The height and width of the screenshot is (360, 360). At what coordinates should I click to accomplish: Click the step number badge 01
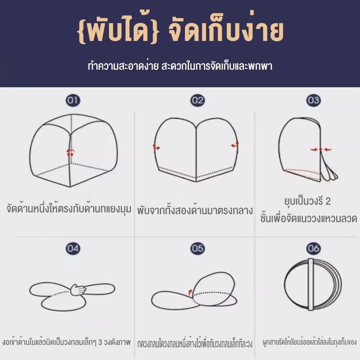tap(73, 100)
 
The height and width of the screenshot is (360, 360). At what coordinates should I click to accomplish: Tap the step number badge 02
tap(198, 100)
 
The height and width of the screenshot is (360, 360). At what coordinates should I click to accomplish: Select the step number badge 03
tap(313, 100)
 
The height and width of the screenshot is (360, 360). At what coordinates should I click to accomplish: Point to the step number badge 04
tap(73, 248)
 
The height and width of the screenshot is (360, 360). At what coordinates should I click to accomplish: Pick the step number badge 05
tap(198, 248)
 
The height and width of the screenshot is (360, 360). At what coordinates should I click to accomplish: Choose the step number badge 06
tap(313, 248)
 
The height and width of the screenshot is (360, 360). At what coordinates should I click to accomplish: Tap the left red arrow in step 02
tap(157, 147)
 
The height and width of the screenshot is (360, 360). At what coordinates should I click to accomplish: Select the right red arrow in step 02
tap(235, 144)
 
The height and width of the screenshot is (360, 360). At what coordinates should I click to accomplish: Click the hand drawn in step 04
tap(78, 289)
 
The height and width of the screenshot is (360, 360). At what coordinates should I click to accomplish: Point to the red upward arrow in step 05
tap(190, 292)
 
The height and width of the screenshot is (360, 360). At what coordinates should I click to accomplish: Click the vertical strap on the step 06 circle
tap(311, 284)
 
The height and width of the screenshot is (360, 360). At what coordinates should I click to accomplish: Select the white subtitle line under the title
tap(180, 66)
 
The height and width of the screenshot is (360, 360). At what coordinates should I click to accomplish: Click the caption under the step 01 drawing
tap(69, 209)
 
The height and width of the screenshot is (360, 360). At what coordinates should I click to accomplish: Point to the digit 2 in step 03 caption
tap(328, 201)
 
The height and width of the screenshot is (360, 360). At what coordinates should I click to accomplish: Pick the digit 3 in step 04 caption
tap(100, 342)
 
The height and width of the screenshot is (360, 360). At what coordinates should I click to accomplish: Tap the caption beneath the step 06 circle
tap(310, 342)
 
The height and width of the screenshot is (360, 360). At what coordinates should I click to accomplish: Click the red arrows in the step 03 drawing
tap(321, 150)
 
